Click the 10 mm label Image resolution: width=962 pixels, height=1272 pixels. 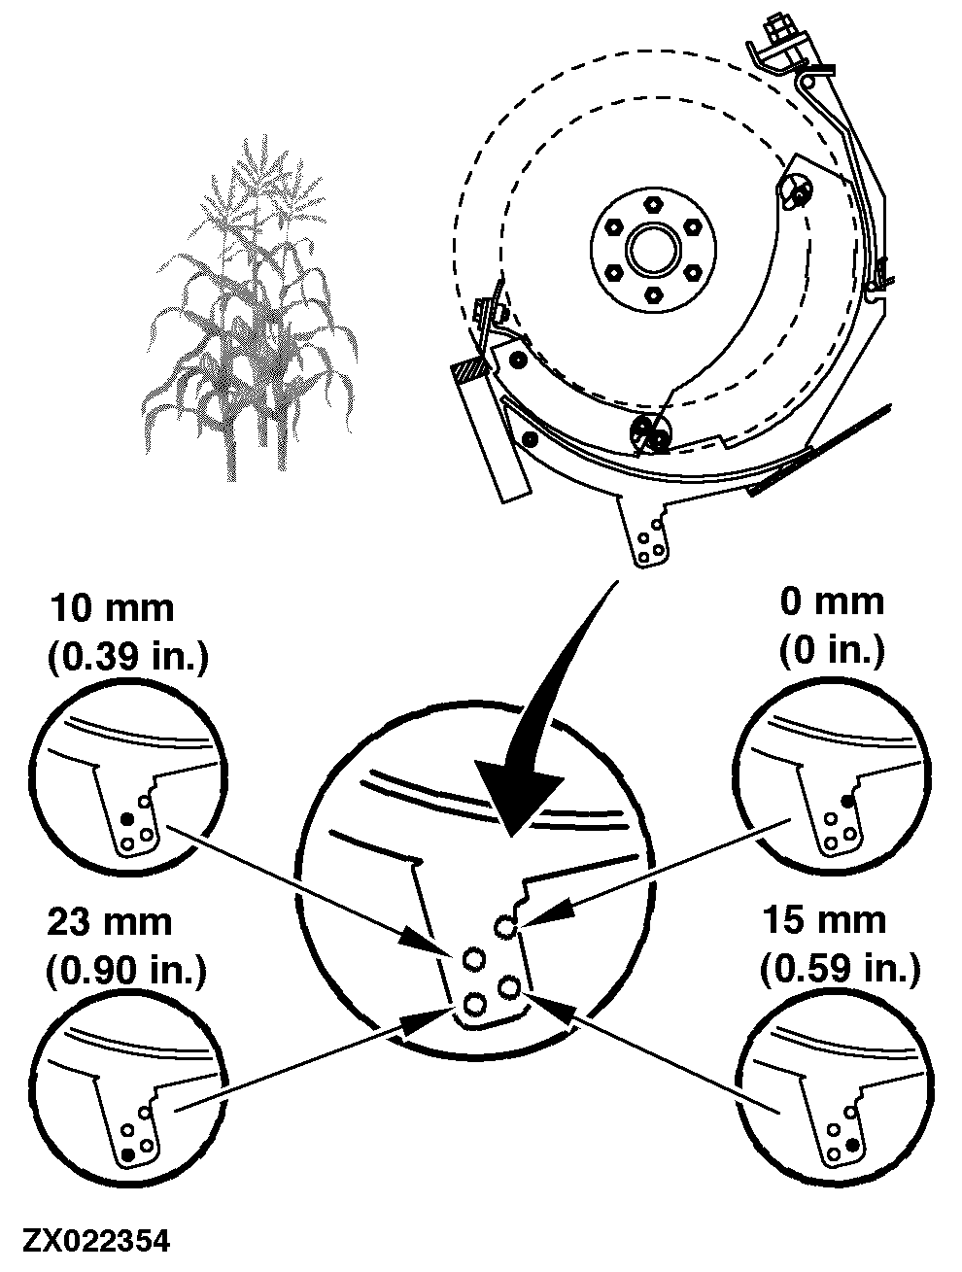pos(112,609)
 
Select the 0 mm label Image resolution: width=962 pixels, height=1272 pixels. pos(832,602)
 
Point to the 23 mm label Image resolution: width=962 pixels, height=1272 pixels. pos(110,922)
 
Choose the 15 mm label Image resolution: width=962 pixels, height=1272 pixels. pos(823,919)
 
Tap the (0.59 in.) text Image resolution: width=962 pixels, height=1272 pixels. pos(841,968)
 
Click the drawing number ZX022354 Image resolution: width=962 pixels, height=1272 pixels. pos(96,1241)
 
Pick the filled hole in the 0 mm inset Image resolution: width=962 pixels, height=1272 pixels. pos(847,802)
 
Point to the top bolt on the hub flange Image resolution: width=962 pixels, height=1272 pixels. pos(653,205)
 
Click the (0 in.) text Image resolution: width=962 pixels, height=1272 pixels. pos(832,650)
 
